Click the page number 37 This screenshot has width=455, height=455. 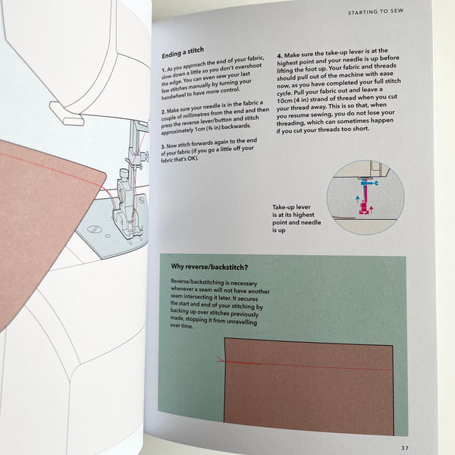pos(405,447)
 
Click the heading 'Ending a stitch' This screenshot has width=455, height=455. pos(183,52)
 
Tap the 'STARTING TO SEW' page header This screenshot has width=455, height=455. pos(375,11)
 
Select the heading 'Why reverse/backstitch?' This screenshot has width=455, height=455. pos(209,267)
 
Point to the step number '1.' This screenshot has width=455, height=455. pos(164,71)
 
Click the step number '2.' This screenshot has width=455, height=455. pos(164,111)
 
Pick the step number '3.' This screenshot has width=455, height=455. pos(163,146)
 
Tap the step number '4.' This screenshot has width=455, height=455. pos(279,56)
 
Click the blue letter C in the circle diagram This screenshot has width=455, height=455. pos(376,183)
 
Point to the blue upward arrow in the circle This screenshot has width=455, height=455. pos(357,199)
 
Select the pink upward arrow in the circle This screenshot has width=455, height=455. pos(371,209)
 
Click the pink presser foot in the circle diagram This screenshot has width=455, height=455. pos(363,209)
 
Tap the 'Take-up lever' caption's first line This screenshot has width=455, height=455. pos(291,207)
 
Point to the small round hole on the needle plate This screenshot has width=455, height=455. pos(108,236)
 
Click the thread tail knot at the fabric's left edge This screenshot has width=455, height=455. pos(220,360)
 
